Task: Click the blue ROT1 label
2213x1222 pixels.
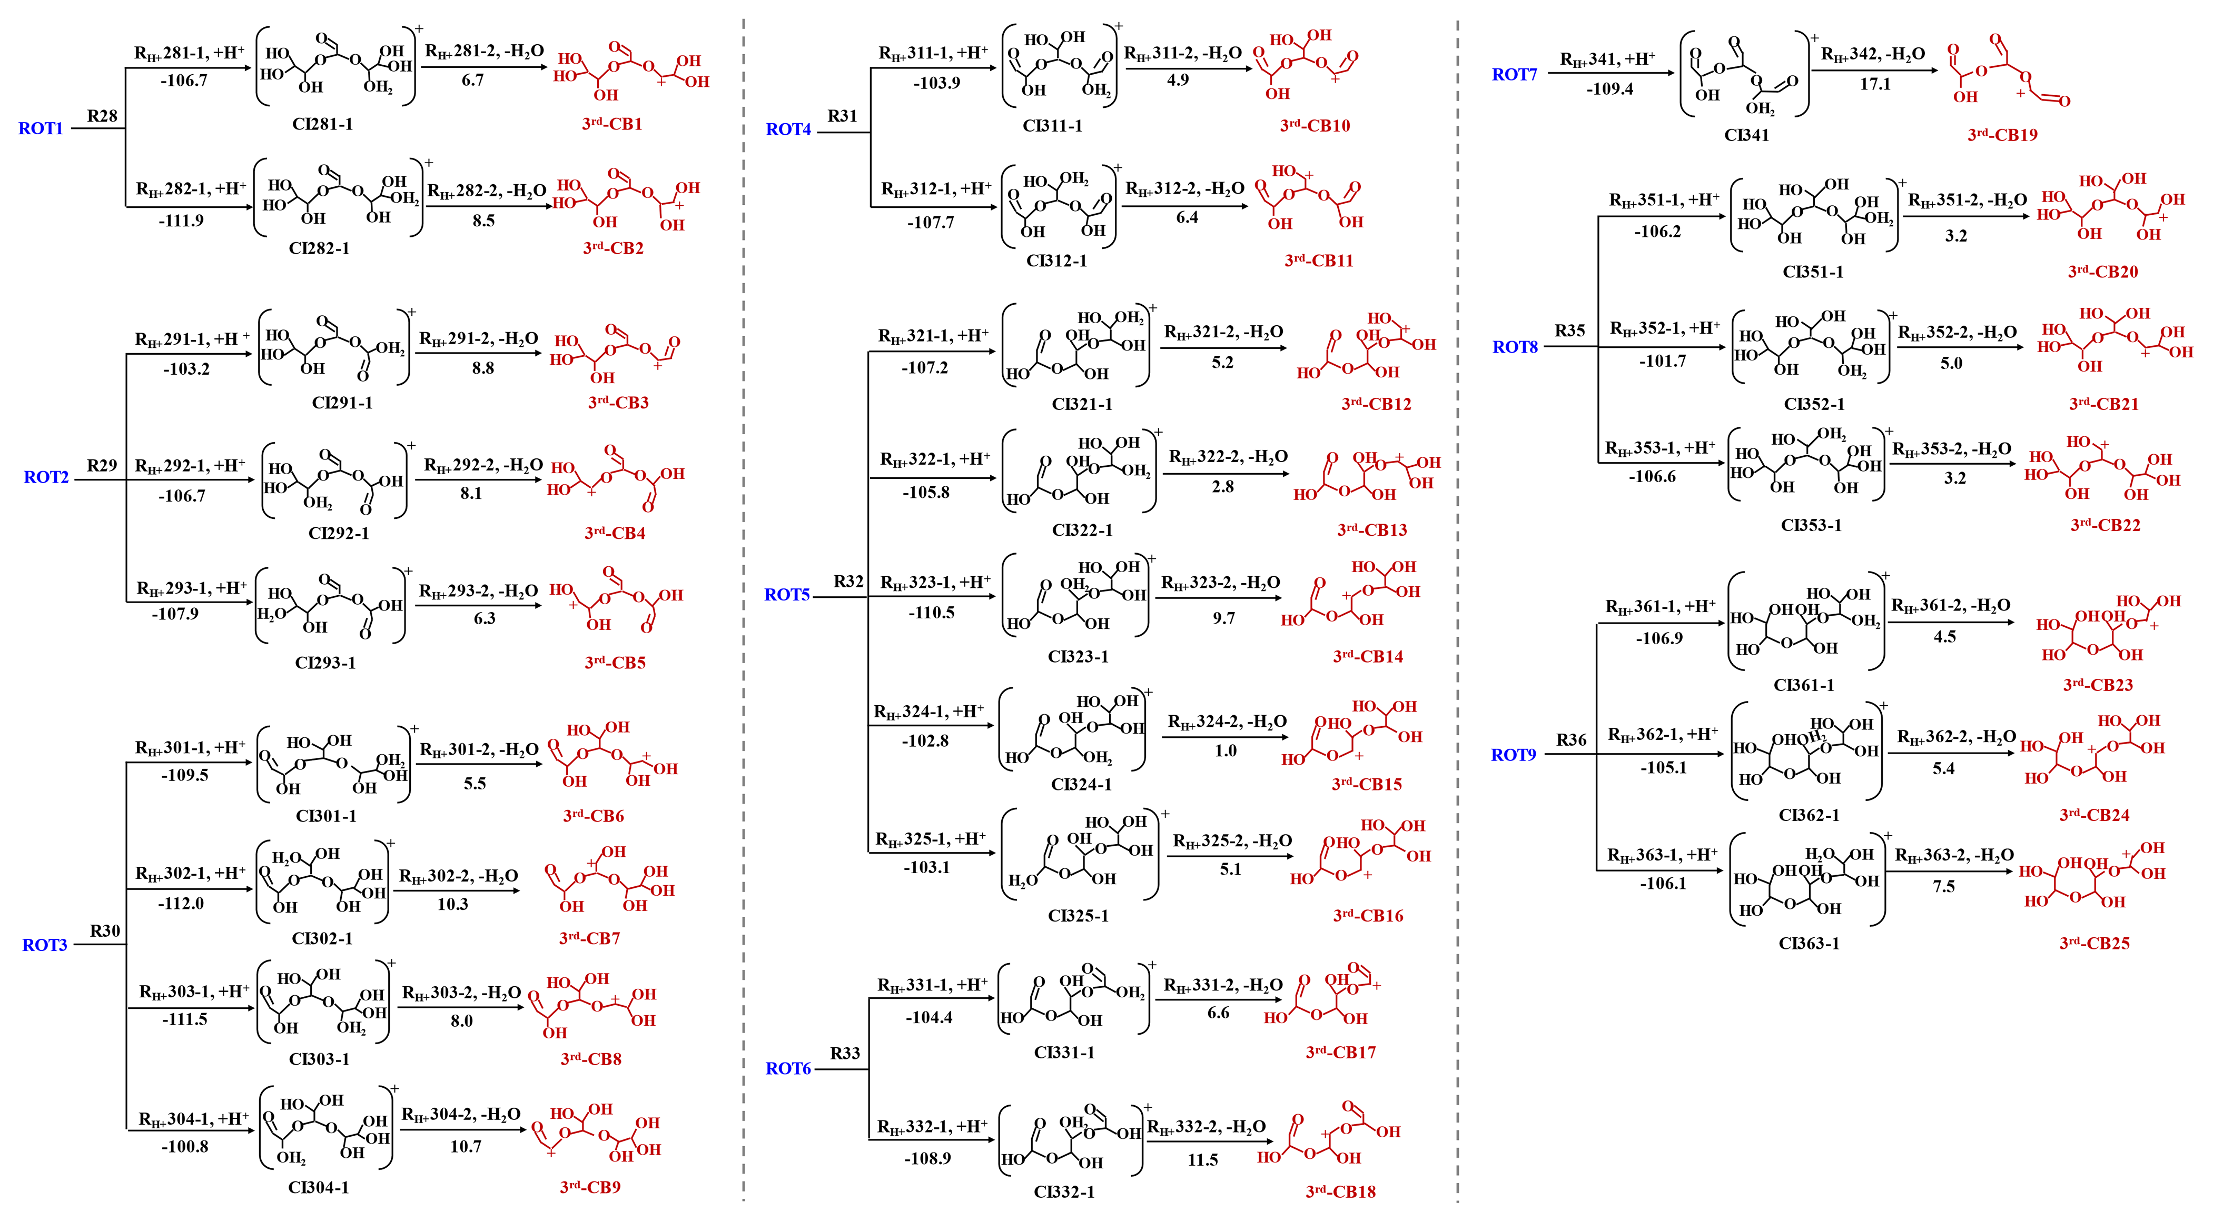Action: (41, 129)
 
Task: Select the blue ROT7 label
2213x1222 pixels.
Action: (1515, 75)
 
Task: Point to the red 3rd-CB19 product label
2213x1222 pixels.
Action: (2002, 135)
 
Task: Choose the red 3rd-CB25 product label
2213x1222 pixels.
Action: (2095, 943)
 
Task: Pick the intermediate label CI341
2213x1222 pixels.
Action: (1746, 135)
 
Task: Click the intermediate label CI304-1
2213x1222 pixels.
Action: (319, 1188)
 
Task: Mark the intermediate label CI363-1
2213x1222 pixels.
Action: (1809, 943)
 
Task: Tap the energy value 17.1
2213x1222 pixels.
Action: (1875, 84)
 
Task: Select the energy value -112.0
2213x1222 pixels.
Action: (181, 904)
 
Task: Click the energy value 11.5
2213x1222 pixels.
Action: (1203, 1160)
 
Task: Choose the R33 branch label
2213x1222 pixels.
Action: (844, 1053)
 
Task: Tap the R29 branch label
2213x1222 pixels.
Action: (101, 465)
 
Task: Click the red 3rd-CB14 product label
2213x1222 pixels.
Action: (1368, 657)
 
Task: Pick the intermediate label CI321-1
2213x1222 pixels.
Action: (1082, 404)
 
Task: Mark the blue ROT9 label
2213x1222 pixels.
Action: (1514, 755)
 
